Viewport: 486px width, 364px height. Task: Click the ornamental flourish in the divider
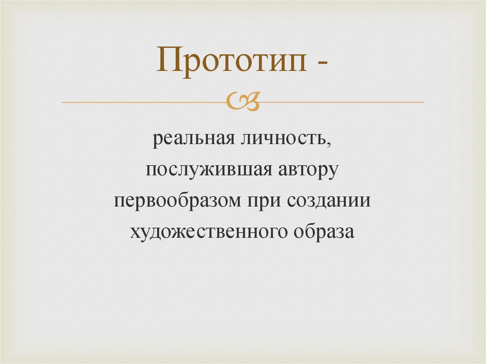click(x=243, y=101)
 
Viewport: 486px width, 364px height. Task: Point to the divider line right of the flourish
click(x=342, y=102)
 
